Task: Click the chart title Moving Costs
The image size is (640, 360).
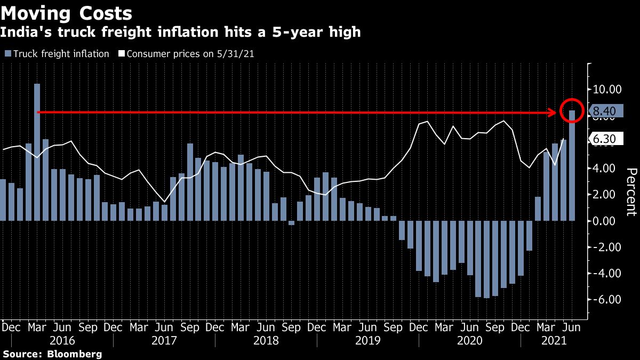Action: [x=67, y=13]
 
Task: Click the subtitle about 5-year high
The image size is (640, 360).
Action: [x=180, y=33]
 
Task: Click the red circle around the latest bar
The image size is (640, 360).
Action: [x=572, y=110]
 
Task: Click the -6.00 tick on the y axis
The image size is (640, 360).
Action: [x=608, y=300]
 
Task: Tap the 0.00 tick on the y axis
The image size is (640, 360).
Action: [x=608, y=221]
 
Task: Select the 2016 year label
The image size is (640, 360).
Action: [x=62, y=341]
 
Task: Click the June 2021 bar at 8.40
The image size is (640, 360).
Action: [x=572, y=166]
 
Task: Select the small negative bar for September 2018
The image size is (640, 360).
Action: [x=291, y=223]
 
